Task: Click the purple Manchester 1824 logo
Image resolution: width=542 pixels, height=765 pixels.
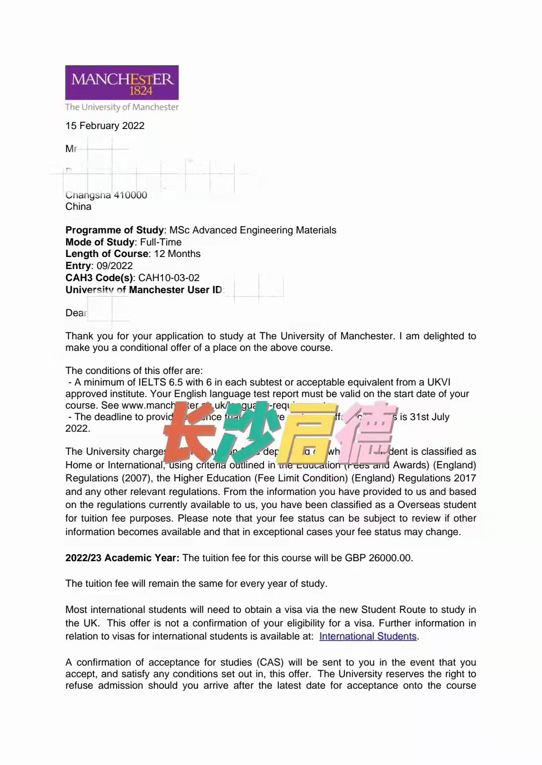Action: pyautogui.click(x=121, y=82)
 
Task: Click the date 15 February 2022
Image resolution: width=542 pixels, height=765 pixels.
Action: pyautogui.click(x=105, y=126)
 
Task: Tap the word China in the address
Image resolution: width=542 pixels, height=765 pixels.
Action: pyautogui.click(x=78, y=207)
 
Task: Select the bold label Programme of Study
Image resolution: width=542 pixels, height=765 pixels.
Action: pyautogui.click(x=114, y=230)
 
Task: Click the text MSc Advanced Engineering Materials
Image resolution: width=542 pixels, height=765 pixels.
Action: pyautogui.click(x=253, y=230)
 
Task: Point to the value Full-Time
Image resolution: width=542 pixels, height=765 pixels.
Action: pyautogui.click(x=161, y=242)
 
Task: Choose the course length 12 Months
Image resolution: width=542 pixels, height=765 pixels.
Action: pyautogui.click(x=177, y=254)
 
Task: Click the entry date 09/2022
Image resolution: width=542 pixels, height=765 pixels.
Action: pyautogui.click(x=114, y=266)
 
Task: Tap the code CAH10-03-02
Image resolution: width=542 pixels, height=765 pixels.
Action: pyautogui.click(x=169, y=278)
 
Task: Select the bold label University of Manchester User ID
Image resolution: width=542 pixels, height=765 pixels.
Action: pyautogui.click(x=144, y=290)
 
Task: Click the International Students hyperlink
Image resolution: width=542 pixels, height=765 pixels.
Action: pyautogui.click(x=368, y=636)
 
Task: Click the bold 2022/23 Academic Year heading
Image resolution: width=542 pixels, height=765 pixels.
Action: pyautogui.click(x=122, y=558)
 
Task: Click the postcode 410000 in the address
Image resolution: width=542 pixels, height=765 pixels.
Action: pyautogui.click(x=130, y=195)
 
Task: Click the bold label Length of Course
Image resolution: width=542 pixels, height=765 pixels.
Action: pyautogui.click(x=107, y=254)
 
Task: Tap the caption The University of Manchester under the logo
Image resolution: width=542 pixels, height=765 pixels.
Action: pyautogui.click(x=122, y=107)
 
